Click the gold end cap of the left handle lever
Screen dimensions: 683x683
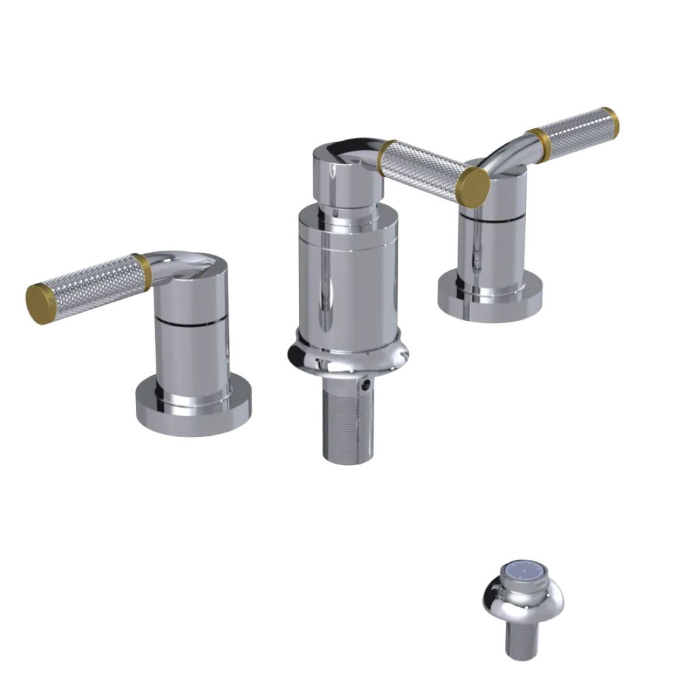coord(40,301)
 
